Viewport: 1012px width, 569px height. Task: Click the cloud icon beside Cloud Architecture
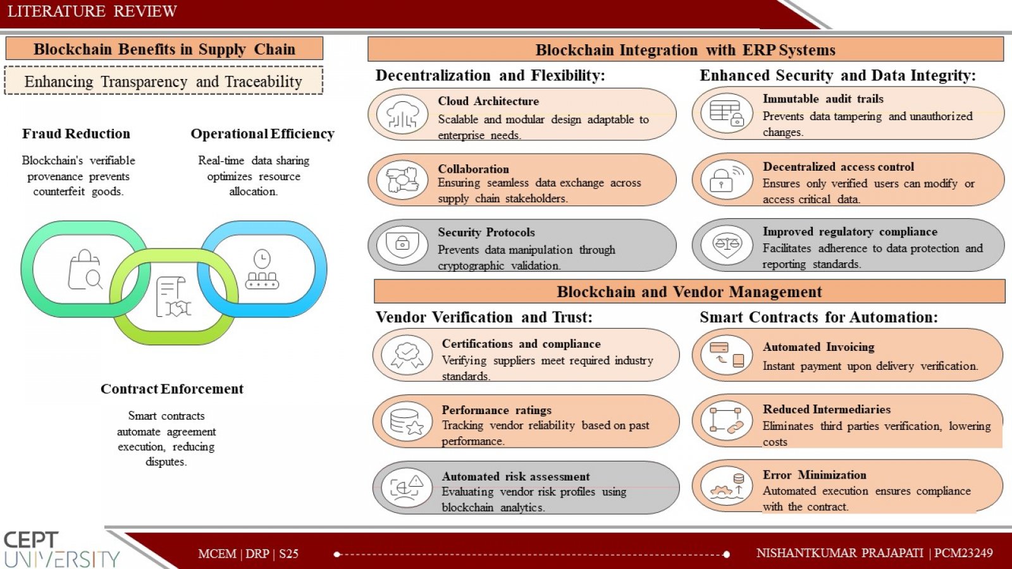point(402,114)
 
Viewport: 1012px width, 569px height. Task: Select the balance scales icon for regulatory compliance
point(727,245)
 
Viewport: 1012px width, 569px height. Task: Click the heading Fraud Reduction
point(76,133)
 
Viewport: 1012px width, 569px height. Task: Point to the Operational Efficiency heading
point(262,133)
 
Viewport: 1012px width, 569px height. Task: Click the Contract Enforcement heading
point(171,389)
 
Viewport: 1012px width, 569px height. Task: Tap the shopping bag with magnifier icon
point(85,269)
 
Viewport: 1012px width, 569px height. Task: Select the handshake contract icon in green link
point(173,297)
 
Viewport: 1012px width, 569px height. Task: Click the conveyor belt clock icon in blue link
point(262,269)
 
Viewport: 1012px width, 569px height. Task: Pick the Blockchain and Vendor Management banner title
point(689,291)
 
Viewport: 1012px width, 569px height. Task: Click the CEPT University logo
point(61,549)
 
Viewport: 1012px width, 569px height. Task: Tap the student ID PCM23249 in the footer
point(963,553)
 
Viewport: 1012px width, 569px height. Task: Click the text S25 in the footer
point(288,554)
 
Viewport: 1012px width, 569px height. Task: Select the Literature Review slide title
point(92,11)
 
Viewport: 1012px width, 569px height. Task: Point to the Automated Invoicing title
point(818,347)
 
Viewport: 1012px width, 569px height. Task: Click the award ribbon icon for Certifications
point(407,355)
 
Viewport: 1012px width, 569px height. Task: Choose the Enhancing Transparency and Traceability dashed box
point(164,80)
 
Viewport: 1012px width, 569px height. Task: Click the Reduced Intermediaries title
point(827,409)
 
